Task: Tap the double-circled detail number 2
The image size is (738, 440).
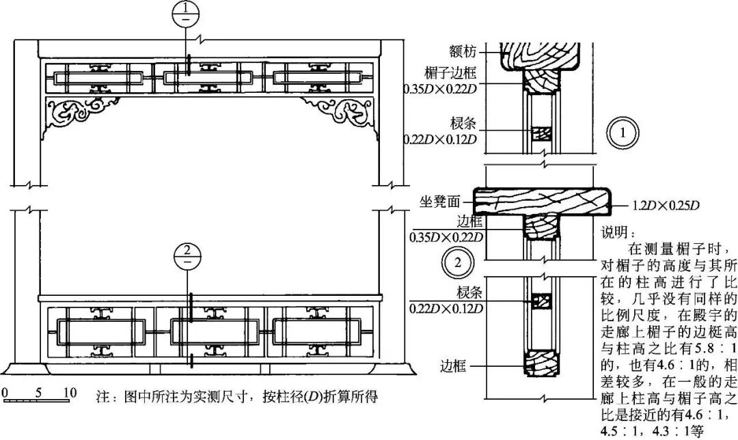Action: [x=457, y=262]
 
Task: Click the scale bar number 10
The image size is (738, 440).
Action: [x=69, y=393]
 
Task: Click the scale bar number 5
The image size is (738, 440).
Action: [x=38, y=393]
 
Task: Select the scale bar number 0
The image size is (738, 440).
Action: [x=5, y=393]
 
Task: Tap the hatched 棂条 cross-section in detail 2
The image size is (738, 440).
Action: [x=541, y=301]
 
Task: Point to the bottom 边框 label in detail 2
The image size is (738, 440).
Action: [x=452, y=367]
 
